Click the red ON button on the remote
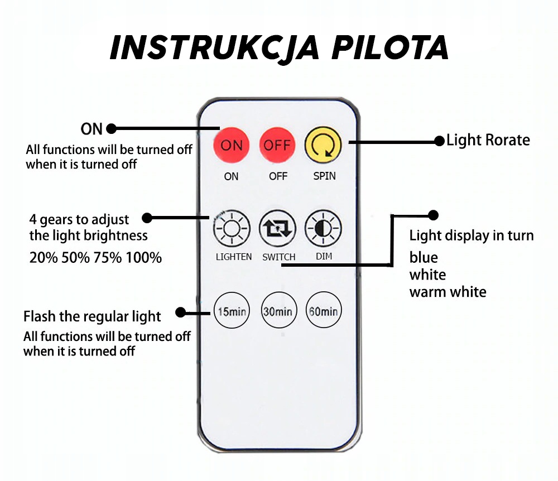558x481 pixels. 232,146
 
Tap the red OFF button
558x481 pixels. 277,146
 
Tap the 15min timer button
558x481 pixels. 232,310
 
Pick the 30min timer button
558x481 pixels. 278,310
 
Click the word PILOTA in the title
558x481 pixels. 391,49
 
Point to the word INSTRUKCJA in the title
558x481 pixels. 214,49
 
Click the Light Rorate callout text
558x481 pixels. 488,140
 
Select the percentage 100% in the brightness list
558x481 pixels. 144,258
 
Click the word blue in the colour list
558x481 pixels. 424,258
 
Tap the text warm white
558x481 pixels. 448,292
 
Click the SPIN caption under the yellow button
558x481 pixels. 324,176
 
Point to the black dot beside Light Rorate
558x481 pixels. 440,141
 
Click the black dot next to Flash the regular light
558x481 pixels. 181,312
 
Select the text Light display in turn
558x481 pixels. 472,235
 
